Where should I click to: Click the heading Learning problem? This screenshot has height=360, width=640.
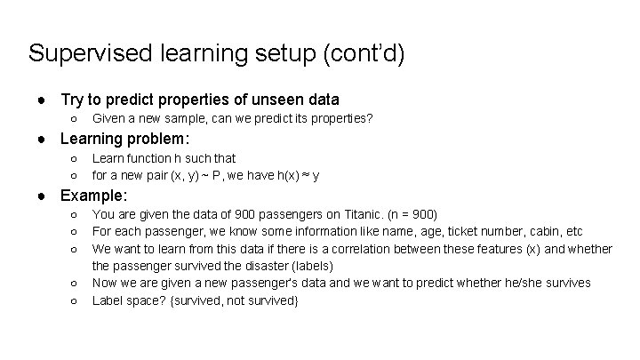[x=125, y=139]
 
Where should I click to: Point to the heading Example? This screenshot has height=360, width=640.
[x=94, y=196]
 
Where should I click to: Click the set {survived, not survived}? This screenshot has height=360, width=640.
[x=236, y=300]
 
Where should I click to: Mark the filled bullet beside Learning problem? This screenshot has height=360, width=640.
[x=42, y=139]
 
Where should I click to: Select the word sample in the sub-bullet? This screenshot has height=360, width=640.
[x=186, y=118]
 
